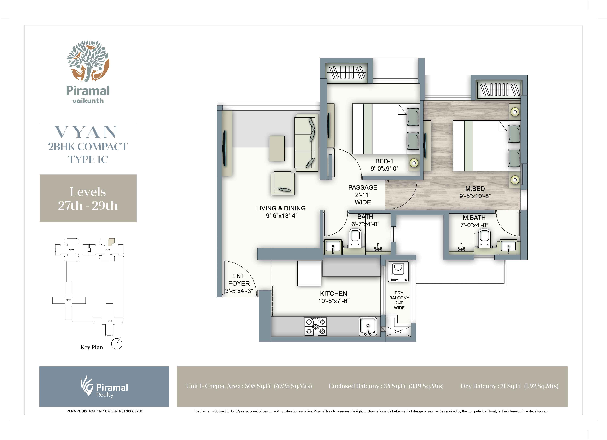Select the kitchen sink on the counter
click(368, 326)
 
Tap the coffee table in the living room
click(277, 148)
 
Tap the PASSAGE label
click(363, 188)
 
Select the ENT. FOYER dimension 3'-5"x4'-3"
click(239, 291)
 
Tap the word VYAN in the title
click(86, 132)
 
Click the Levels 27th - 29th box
click(88, 198)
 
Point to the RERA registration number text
click(104, 411)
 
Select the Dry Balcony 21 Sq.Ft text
click(509, 386)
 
